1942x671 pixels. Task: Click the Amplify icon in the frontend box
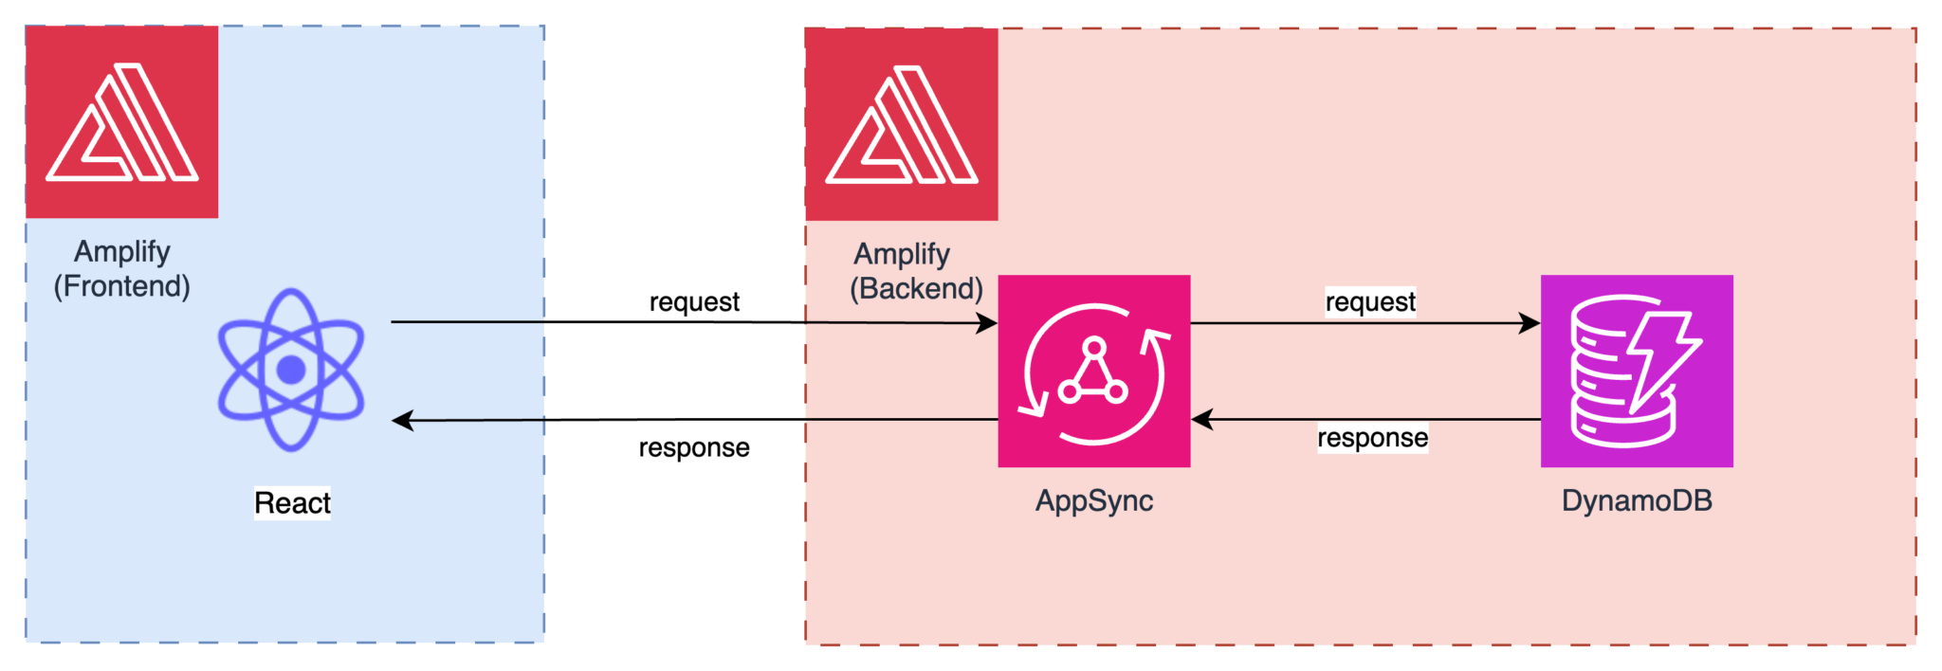[121, 121]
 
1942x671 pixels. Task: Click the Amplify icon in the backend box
[901, 123]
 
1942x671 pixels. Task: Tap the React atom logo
[291, 370]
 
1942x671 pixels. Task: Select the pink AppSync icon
[1093, 371]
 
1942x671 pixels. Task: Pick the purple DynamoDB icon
[1637, 371]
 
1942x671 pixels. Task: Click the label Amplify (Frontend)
[121, 268]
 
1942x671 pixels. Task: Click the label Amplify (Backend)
[915, 271]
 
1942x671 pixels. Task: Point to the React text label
[292, 502]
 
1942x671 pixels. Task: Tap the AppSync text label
[1093, 500]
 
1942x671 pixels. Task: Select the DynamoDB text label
[1637, 500]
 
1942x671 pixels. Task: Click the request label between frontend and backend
[694, 301]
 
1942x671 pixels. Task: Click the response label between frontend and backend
[694, 447]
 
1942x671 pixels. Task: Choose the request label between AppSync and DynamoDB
[1370, 301]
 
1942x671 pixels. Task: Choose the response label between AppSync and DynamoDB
[1372, 438]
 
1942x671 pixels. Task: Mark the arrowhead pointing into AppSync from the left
[987, 323]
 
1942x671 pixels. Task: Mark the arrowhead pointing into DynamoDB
[1530, 323]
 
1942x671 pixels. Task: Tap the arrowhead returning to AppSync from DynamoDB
[1202, 419]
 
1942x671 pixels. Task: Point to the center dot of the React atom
[291, 370]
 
